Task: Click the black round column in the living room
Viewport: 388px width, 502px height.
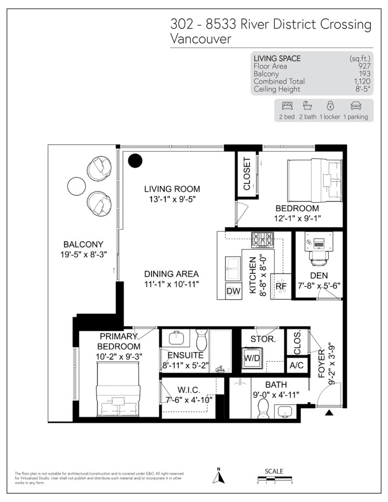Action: pyautogui.click(x=135, y=161)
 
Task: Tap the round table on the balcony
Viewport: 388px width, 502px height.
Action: pyautogui.click(x=77, y=186)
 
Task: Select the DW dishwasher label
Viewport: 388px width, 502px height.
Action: pyautogui.click(x=233, y=291)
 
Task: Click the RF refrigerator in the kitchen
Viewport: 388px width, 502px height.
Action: pyautogui.click(x=281, y=286)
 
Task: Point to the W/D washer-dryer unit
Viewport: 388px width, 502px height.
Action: pyautogui.click(x=252, y=358)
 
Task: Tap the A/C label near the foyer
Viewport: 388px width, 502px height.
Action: pyautogui.click(x=296, y=365)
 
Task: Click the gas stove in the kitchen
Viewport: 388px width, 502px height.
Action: pyautogui.click(x=262, y=240)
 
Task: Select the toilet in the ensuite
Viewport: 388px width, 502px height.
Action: pyautogui.click(x=202, y=340)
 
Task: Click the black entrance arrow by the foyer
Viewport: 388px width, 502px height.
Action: pyautogui.click(x=329, y=412)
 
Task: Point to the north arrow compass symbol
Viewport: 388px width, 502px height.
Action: pyautogui.click(x=218, y=476)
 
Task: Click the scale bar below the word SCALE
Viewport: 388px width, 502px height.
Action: pyautogui.click(x=275, y=479)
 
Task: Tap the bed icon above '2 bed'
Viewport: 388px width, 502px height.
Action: pyautogui.click(x=287, y=106)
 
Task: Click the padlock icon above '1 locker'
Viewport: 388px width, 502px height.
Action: pyautogui.click(x=330, y=105)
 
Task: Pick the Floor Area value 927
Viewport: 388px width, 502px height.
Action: pyautogui.click(x=364, y=66)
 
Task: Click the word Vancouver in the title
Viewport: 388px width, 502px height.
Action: pyautogui.click(x=200, y=39)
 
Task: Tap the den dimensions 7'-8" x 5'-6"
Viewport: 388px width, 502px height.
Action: pyautogui.click(x=319, y=286)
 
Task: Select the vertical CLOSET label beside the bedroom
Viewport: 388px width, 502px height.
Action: pyautogui.click(x=247, y=174)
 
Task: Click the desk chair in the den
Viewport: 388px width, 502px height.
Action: pyautogui.click(x=319, y=258)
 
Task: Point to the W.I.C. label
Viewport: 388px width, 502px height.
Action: pyautogui.click(x=189, y=390)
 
